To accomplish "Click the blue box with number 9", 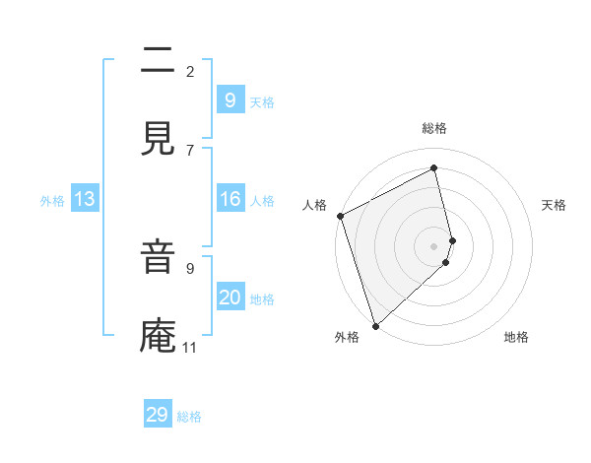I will point(230,100).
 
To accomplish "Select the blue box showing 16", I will point(230,200).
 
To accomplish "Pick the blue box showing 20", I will point(230,298).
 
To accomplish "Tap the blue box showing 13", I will point(85,200).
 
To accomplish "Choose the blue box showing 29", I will point(158,415).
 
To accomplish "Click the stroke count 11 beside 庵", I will point(189,347).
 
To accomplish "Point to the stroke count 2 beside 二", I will point(189,71).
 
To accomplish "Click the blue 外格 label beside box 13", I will point(52,201).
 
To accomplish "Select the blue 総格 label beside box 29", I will point(189,417).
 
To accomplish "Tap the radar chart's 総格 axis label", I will point(434,128).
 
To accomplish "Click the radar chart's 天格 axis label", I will point(554,205).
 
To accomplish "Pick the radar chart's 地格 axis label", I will point(516,337).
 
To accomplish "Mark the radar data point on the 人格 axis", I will point(340,216).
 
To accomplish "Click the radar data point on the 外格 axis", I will point(374,325).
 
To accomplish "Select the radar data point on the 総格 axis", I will point(434,168).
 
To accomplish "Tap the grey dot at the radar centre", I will point(434,245).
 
